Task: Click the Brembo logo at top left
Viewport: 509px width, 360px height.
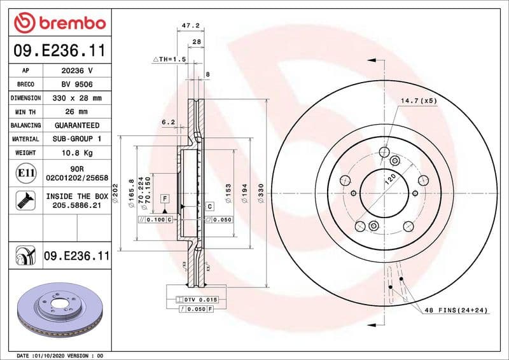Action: [60, 24]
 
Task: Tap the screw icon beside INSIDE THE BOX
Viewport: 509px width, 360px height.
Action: [25, 201]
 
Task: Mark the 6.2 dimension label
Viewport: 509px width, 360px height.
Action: [168, 121]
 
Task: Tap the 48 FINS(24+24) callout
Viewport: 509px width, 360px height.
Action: [456, 310]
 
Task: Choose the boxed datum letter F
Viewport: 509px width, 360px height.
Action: [164, 198]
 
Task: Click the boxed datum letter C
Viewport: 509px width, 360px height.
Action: [209, 205]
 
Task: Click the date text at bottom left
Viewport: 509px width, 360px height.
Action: [60, 355]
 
